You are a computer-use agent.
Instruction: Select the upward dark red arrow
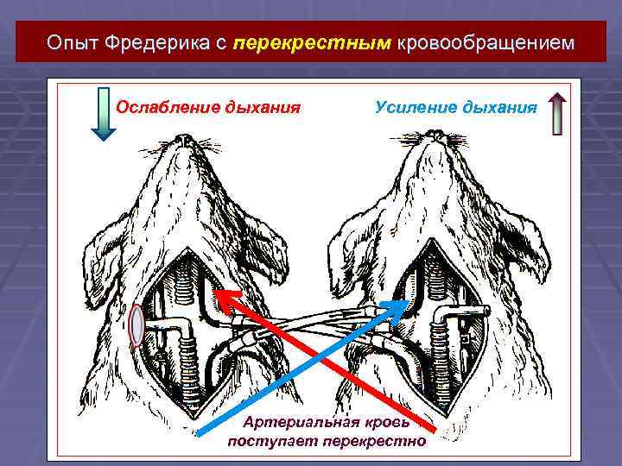[x=557, y=113]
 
